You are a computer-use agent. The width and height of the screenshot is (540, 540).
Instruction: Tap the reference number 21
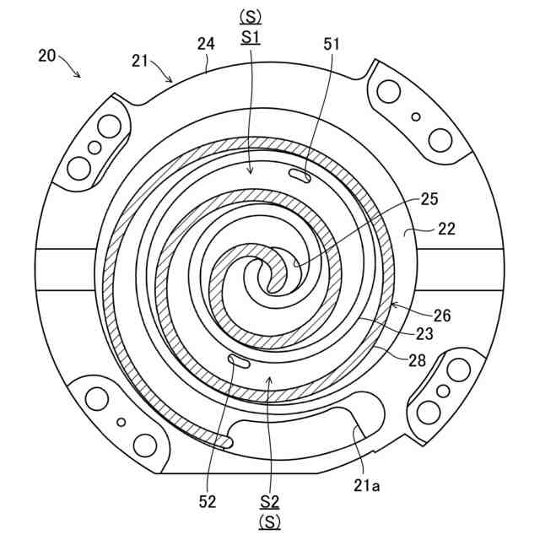(x=141, y=61)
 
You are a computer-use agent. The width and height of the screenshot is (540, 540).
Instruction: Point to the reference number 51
(x=332, y=44)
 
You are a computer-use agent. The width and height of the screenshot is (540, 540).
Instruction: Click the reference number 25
(x=430, y=199)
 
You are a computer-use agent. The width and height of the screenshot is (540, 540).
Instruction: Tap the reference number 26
(x=443, y=315)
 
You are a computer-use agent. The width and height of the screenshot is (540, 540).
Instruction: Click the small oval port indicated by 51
(x=300, y=175)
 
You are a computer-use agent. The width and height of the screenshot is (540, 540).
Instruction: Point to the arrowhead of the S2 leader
(x=268, y=379)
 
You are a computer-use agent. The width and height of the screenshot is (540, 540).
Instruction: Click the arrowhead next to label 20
(x=81, y=76)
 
